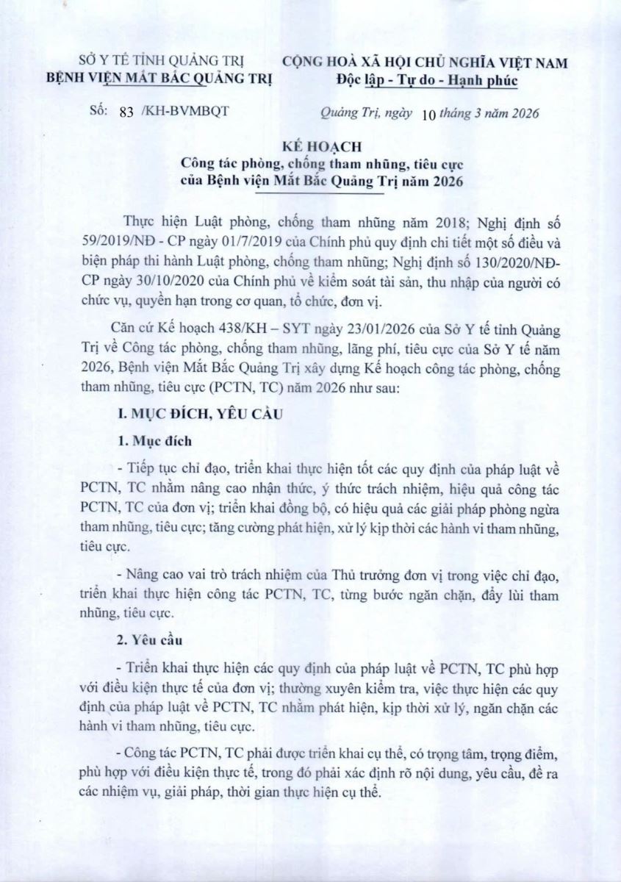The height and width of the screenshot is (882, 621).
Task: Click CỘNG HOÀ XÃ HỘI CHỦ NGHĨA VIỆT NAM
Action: (x=426, y=62)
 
